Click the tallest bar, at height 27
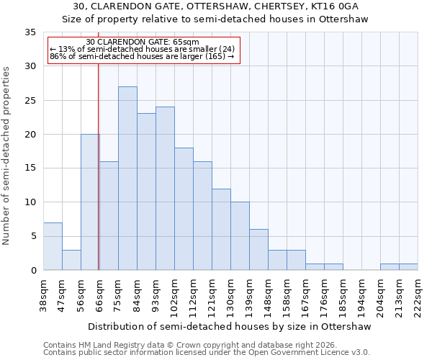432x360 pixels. click(x=127, y=179)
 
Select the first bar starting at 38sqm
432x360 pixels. click(x=53, y=246)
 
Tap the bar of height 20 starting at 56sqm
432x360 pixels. click(x=90, y=202)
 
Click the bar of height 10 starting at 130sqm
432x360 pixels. click(x=240, y=236)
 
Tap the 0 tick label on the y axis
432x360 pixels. click(x=33, y=271)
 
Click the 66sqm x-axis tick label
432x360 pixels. click(x=99, y=294)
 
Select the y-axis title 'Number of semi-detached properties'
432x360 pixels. click(x=7, y=156)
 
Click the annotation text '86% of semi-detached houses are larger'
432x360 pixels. click(x=142, y=56)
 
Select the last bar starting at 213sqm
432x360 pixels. click(x=408, y=266)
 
